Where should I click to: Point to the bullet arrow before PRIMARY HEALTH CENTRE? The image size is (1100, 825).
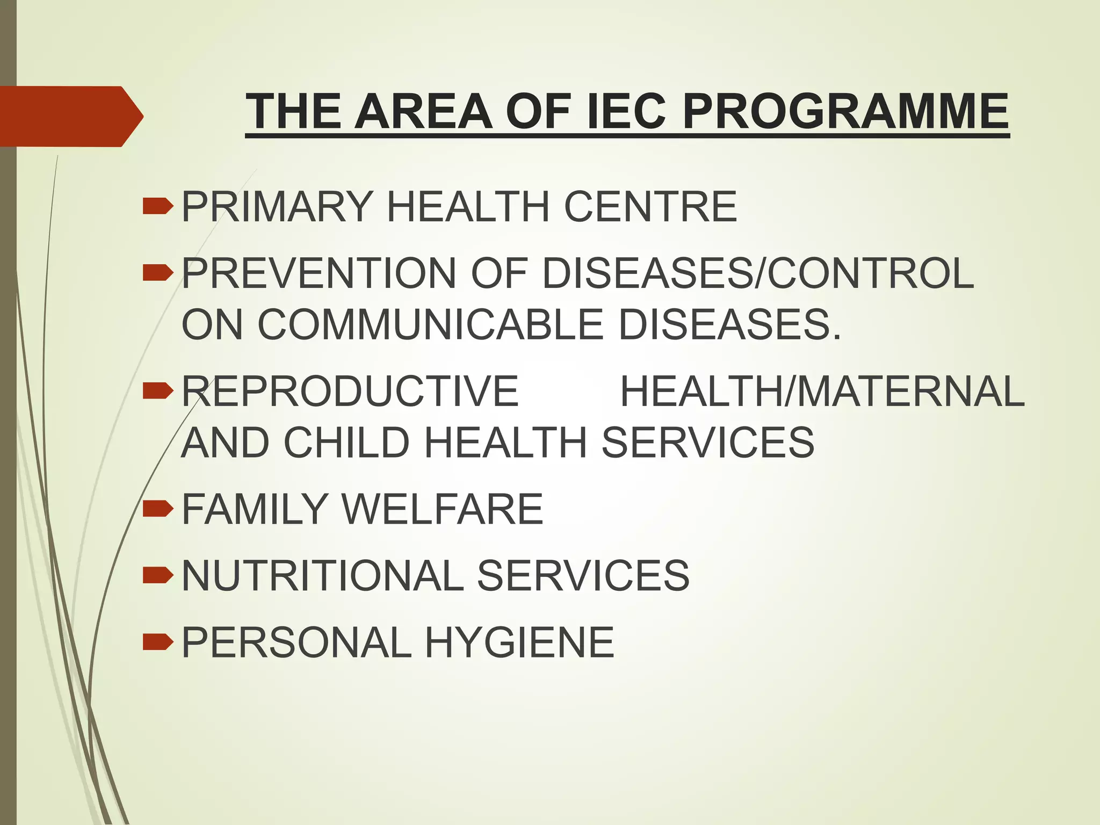point(158,206)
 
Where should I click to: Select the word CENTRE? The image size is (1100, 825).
point(650,207)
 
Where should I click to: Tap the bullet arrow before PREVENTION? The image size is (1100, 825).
point(158,273)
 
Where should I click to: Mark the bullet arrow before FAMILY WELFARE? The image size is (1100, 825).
point(158,508)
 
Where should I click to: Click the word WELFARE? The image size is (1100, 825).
point(442,509)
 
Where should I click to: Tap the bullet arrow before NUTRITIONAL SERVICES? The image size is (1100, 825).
point(158,575)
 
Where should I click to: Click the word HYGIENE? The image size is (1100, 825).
point(519,642)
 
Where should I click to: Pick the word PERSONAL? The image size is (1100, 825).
point(296,642)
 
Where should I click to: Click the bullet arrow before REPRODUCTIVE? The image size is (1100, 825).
point(158,391)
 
